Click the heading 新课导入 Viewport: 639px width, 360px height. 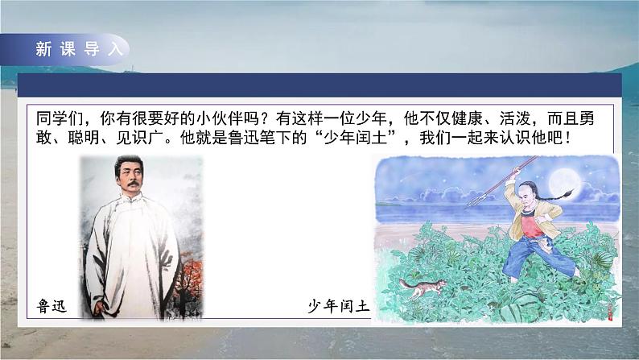[x=78, y=48]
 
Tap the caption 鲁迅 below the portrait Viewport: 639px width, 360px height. [x=54, y=306]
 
